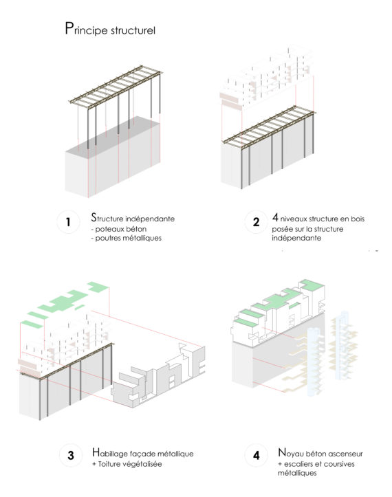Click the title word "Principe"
(x=86, y=30)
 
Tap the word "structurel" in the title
(x=133, y=30)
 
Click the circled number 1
(x=68, y=222)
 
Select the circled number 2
(x=256, y=222)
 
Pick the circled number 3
(x=71, y=456)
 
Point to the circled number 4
(x=256, y=456)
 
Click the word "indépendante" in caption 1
(x=150, y=219)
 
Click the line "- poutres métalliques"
(x=127, y=238)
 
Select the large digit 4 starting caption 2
(x=275, y=217)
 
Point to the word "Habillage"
(x=111, y=453)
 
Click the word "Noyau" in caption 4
(x=290, y=453)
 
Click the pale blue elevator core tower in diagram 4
(x=314, y=362)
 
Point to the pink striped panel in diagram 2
(x=229, y=100)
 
